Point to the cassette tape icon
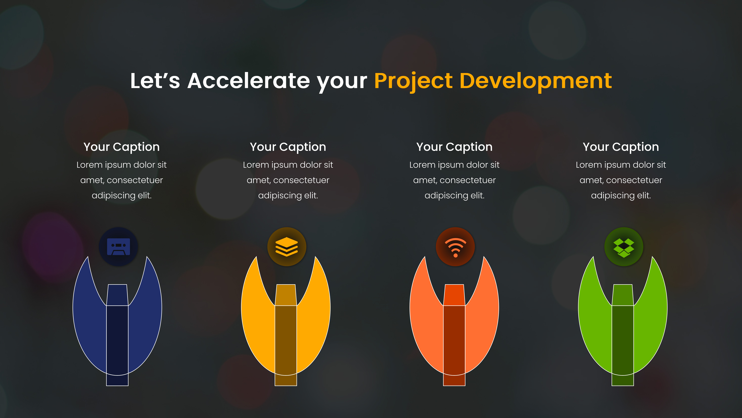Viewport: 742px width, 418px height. [118, 247]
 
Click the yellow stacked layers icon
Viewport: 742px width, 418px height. [287, 247]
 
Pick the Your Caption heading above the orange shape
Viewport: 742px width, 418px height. [454, 147]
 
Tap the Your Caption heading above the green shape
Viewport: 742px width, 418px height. [621, 147]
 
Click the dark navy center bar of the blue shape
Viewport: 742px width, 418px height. [117, 343]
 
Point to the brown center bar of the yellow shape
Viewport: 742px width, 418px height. [286, 343]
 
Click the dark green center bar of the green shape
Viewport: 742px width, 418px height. [622, 343]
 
